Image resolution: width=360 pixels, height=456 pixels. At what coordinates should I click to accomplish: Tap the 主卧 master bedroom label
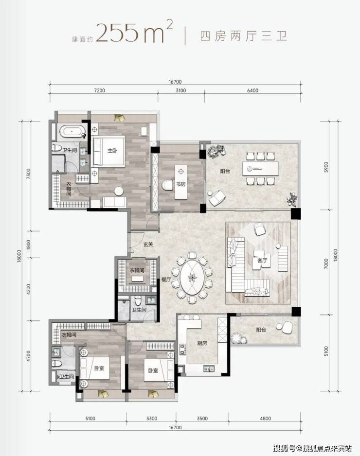(112, 151)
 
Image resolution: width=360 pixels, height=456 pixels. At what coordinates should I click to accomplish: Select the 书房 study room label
(180, 184)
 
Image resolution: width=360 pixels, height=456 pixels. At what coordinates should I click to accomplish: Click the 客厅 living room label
(262, 260)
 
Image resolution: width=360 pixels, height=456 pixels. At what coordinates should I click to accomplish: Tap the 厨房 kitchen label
(202, 343)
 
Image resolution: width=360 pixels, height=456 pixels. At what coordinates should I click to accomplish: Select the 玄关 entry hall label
(148, 245)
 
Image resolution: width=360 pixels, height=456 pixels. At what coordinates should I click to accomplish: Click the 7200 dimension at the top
(100, 90)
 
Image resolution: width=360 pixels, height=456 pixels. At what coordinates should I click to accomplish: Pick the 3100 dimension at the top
(180, 90)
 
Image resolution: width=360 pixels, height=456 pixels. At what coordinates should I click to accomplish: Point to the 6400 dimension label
(252, 90)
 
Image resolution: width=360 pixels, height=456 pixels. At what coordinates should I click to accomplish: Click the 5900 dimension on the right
(326, 167)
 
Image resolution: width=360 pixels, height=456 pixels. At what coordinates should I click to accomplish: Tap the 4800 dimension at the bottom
(266, 419)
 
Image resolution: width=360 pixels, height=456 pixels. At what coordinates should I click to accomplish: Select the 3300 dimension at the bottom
(152, 419)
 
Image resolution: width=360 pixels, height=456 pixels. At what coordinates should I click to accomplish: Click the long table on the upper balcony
(260, 168)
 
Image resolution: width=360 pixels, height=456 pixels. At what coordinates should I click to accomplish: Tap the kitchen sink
(209, 369)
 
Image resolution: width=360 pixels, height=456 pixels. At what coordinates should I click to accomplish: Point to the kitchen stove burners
(182, 349)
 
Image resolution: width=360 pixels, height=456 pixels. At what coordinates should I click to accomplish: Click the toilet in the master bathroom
(56, 148)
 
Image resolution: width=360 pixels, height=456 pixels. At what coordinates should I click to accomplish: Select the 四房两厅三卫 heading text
(244, 36)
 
